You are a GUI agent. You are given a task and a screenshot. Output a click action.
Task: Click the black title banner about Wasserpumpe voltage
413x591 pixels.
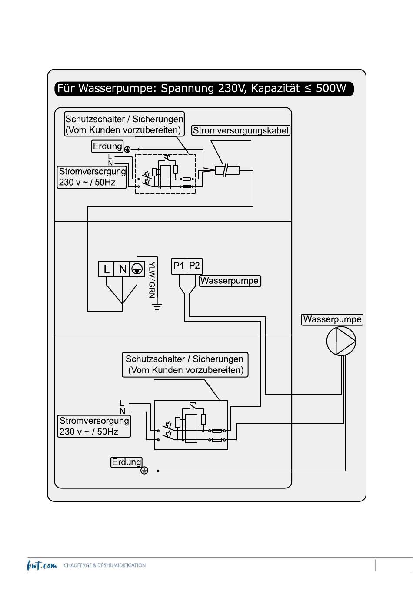(204, 89)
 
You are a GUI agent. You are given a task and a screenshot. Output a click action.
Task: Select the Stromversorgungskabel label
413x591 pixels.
(241, 130)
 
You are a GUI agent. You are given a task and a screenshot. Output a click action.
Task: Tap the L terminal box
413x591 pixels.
(106, 269)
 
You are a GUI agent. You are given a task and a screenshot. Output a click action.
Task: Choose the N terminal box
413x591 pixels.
(122, 269)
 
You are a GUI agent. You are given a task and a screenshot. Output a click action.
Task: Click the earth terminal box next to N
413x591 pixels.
(137, 269)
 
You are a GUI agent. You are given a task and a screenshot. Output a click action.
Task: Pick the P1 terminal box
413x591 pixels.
(179, 266)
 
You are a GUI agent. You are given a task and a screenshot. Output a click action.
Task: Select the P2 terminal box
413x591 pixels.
(195, 266)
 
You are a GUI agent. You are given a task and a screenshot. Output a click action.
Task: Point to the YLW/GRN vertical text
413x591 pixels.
(152, 280)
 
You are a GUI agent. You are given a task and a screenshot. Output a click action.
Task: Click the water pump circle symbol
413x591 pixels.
(341, 341)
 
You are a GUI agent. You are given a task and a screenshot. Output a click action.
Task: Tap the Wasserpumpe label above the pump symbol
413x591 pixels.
(332, 319)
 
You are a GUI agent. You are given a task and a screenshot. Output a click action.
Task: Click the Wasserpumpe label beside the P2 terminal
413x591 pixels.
(230, 281)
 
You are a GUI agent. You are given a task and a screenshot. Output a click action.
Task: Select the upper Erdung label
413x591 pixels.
(107, 146)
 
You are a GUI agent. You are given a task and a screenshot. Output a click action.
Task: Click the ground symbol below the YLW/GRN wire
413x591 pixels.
(157, 307)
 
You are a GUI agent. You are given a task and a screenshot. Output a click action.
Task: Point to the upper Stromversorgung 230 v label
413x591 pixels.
(92, 177)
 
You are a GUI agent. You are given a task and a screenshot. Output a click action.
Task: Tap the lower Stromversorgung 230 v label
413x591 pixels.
(94, 426)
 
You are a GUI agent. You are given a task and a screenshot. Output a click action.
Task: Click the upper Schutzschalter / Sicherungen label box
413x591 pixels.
(124, 124)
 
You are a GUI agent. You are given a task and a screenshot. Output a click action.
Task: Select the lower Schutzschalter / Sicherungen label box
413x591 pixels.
(185, 365)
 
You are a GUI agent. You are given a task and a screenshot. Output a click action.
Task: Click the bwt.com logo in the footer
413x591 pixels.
(42, 565)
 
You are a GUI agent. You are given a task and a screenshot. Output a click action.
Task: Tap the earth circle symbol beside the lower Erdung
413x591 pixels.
(144, 471)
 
